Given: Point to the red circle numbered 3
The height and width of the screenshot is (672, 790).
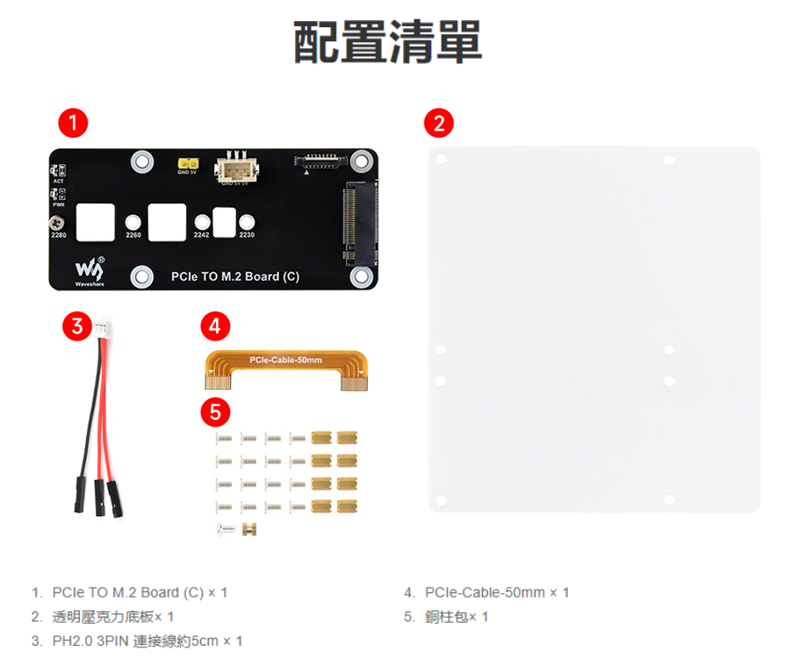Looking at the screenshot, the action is (78, 327).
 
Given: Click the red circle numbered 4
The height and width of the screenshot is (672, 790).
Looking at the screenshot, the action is (215, 327).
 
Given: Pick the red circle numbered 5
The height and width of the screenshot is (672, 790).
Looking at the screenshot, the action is (215, 411).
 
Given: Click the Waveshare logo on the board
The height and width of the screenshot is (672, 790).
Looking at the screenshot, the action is (90, 271).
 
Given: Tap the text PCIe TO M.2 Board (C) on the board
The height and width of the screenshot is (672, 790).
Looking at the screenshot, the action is (235, 277).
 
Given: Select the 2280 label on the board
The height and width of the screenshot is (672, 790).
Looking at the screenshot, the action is (60, 236).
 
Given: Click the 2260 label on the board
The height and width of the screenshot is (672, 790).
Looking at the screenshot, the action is (133, 236).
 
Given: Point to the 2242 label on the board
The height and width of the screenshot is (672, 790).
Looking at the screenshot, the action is (202, 236).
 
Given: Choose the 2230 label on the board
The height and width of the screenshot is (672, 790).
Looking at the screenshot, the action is (247, 236).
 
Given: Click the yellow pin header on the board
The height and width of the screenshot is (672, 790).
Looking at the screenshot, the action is (186, 164).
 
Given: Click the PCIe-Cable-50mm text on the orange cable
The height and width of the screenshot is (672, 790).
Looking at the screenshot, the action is (285, 361).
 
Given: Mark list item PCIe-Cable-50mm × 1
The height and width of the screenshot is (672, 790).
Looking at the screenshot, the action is (497, 592).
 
